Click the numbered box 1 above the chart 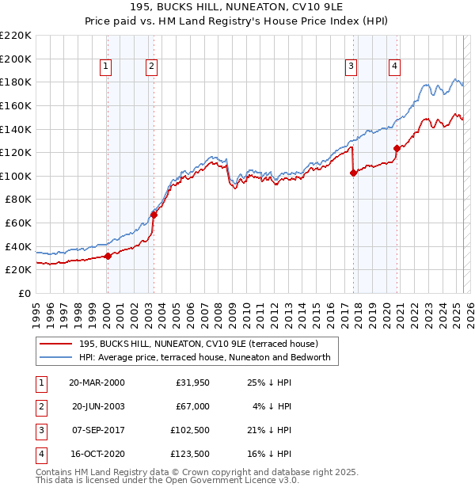(x=106, y=67)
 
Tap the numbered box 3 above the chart (x=351, y=67)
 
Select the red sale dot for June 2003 (x=154, y=215)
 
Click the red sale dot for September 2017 (x=353, y=173)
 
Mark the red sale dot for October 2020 (x=397, y=148)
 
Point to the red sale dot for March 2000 (x=108, y=256)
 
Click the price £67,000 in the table (x=193, y=406)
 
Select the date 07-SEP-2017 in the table (x=97, y=430)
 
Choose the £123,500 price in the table (x=191, y=454)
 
